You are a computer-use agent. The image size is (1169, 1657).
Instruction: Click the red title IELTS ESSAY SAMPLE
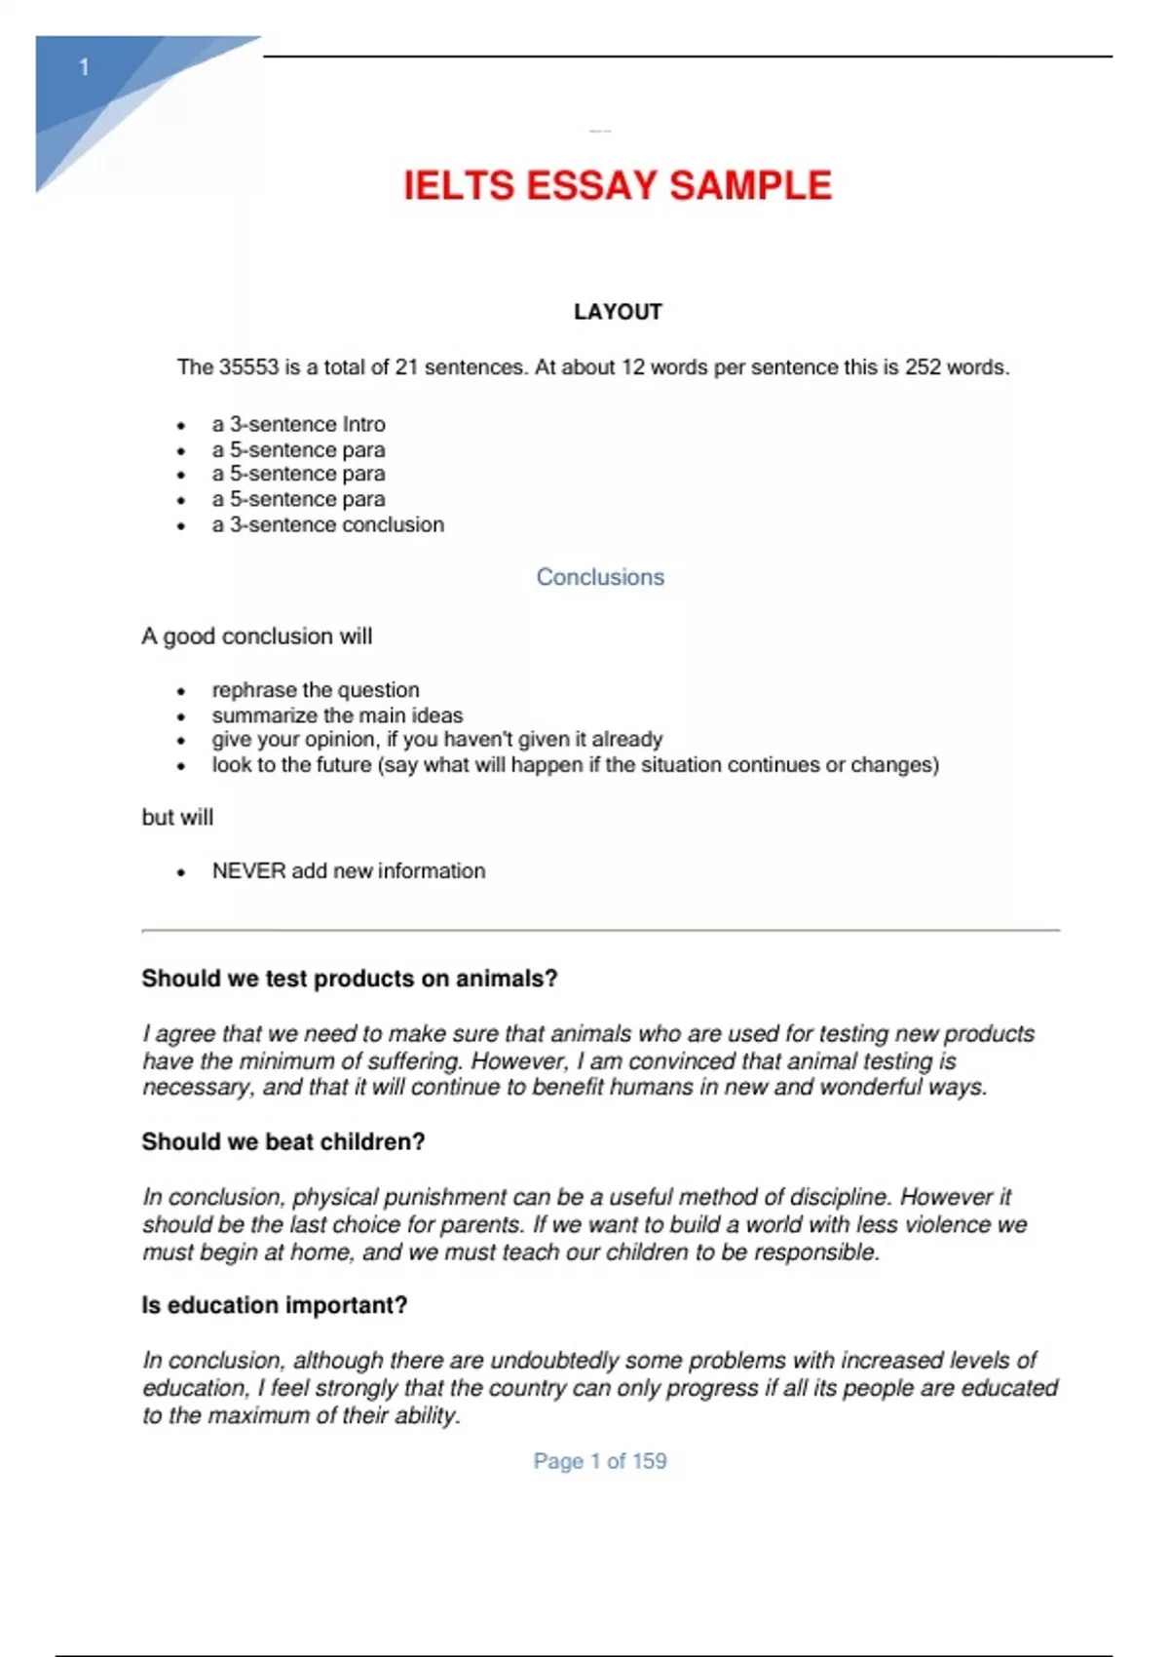pyautogui.click(x=618, y=185)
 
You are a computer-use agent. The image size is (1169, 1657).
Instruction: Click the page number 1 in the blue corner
pyautogui.click(x=84, y=67)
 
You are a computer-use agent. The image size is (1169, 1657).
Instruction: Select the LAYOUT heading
pyautogui.click(x=618, y=312)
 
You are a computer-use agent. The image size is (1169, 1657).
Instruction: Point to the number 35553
pyautogui.click(x=248, y=367)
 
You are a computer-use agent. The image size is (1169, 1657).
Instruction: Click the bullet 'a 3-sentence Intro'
pyautogui.click(x=298, y=424)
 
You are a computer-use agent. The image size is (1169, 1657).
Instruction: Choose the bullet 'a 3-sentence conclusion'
pyautogui.click(x=327, y=524)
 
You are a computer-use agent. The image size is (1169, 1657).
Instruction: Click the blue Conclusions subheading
pyautogui.click(x=600, y=577)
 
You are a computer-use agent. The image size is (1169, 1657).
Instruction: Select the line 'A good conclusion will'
pyautogui.click(x=256, y=636)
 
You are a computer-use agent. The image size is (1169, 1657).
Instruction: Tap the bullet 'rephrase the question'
pyautogui.click(x=316, y=690)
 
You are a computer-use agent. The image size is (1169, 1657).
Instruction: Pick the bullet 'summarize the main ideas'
pyautogui.click(x=337, y=715)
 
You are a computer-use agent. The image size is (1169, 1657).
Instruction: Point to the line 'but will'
pyautogui.click(x=177, y=818)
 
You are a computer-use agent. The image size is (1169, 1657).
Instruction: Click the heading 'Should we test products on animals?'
pyautogui.click(x=349, y=979)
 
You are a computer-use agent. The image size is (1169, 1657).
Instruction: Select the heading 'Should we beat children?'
pyautogui.click(x=283, y=1141)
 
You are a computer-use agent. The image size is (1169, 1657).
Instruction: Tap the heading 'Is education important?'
pyautogui.click(x=274, y=1305)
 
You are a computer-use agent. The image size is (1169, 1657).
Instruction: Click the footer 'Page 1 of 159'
pyautogui.click(x=600, y=1461)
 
